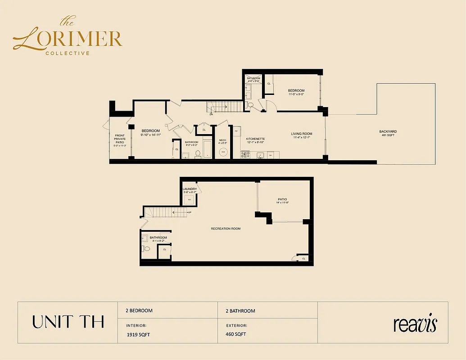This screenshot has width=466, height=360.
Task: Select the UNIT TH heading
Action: [68, 322]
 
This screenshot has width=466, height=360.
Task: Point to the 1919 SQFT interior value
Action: [138, 334]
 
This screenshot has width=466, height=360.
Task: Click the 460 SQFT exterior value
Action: [236, 334]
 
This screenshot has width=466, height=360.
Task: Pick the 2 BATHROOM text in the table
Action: [240, 311]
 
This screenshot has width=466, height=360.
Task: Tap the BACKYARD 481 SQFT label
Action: [389, 133]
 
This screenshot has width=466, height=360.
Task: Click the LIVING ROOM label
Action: [301, 134]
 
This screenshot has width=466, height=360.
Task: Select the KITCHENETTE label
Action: [255, 139]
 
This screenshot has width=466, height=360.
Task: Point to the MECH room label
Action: [222, 140]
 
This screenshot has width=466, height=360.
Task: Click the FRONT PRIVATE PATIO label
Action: [120, 139]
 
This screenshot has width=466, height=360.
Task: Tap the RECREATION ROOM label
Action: [226, 229]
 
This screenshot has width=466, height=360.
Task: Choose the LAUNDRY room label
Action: [190, 189]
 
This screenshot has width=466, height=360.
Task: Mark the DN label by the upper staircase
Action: [211, 114]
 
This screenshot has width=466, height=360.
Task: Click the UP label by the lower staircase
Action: [190, 211]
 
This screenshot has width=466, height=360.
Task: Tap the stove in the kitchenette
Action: [245, 154]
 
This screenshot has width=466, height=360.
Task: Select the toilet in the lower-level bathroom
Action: [146, 248]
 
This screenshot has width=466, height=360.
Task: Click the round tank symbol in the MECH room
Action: [223, 153]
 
